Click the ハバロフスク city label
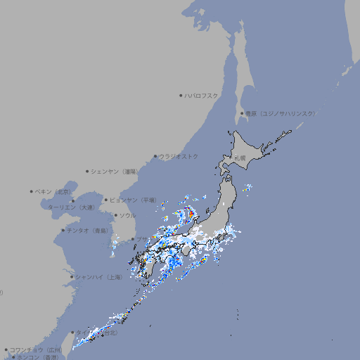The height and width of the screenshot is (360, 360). (202, 96)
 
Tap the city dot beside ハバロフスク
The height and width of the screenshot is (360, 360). (181, 96)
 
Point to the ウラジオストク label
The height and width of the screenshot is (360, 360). (179, 157)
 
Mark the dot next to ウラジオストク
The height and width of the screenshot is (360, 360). (155, 157)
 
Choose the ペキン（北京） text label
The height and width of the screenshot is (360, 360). (53, 191)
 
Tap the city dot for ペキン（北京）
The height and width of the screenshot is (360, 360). (32, 191)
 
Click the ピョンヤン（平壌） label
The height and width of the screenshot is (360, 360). (134, 200)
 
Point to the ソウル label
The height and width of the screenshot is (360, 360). (127, 216)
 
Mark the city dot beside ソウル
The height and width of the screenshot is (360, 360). (115, 216)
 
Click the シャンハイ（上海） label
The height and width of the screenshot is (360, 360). (98, 277)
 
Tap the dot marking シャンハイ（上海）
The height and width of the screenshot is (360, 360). (72, 277)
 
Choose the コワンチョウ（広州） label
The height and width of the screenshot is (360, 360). (36, 349)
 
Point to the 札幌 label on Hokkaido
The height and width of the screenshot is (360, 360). (240, 157)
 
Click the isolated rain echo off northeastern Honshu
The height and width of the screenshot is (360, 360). (246, 188)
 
